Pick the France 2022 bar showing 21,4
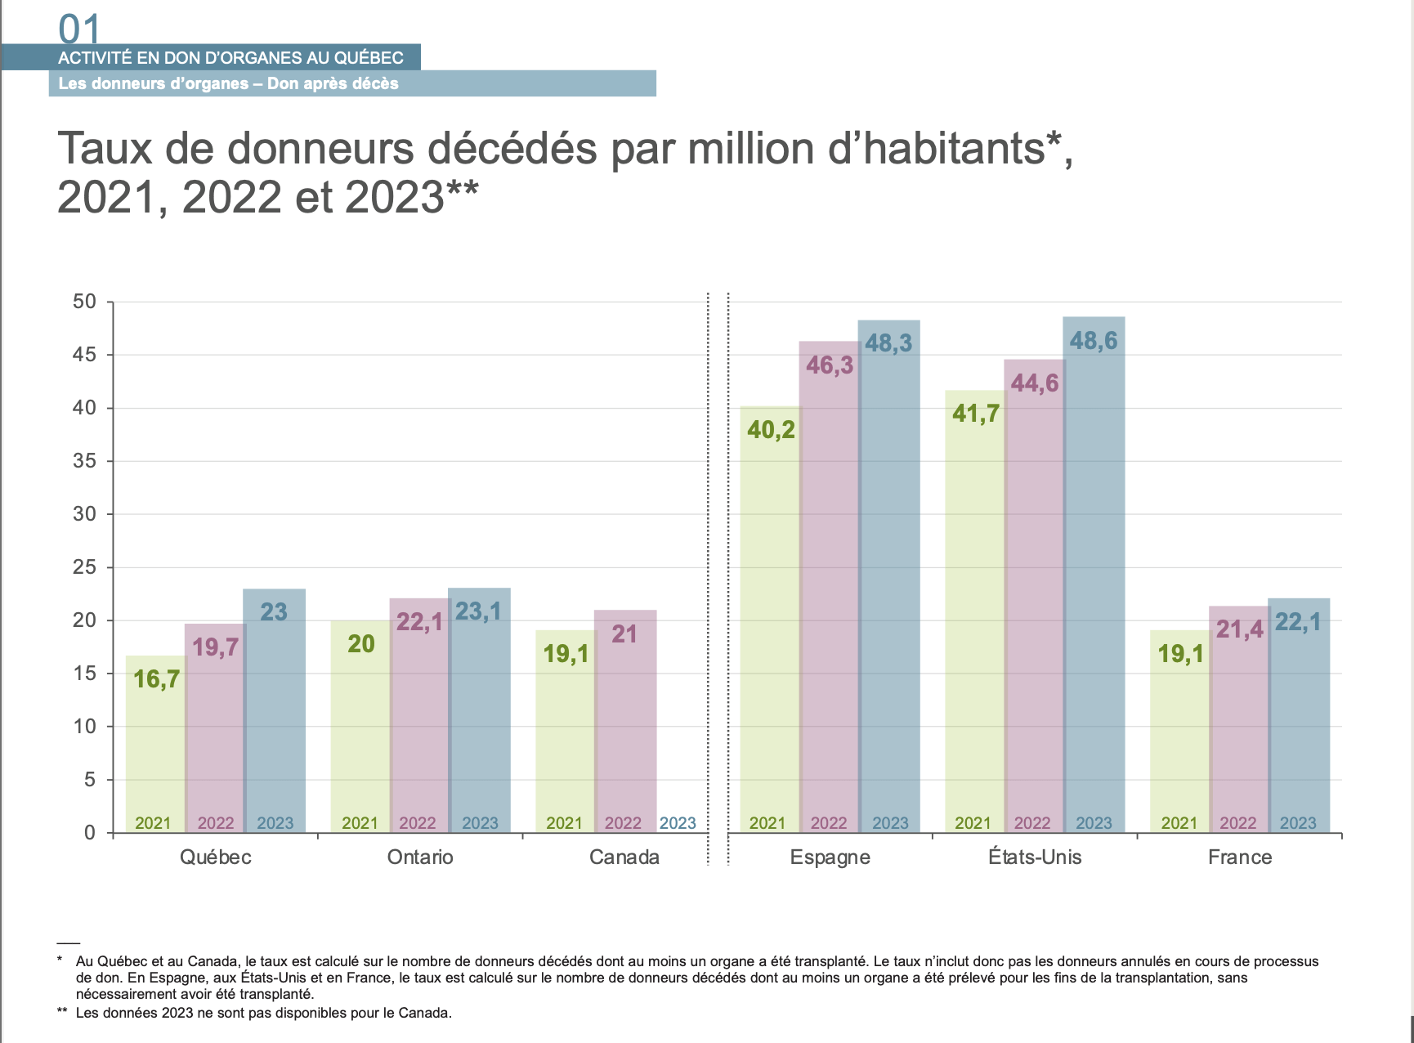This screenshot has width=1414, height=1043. [1238, 727]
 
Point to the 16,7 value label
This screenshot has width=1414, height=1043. [156, 679]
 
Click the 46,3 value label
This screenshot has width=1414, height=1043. [830, 365]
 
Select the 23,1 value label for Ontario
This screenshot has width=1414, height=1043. [478, 611]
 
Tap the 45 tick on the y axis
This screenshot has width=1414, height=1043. [85, 355]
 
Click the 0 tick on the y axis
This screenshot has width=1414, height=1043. [90, 833]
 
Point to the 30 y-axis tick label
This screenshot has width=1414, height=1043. [85, 514]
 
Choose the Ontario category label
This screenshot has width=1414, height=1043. [420, 857]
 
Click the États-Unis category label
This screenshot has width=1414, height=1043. [1035, 857]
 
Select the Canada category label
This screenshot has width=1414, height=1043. [624, 857]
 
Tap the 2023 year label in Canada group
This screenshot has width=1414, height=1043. [678, 823]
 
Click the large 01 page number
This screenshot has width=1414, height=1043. [79, 29]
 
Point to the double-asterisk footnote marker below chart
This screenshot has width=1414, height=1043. [62, 1012]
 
